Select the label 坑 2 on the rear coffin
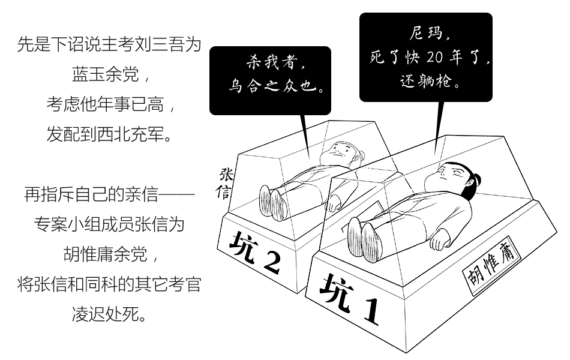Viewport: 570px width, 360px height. click(256, 253)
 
